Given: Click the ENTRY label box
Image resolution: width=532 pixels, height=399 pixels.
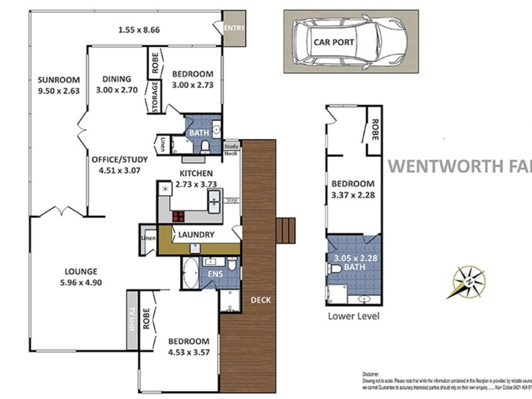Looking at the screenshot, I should pyautogui.click(x=234, y=28).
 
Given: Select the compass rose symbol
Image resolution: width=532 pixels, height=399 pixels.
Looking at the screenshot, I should pyautogui.click(x=469, y=282).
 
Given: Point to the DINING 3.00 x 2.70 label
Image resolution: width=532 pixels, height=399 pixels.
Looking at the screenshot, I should pyautogui.click(x=116, y=84).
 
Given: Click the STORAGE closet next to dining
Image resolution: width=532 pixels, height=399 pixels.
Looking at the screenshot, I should pyautogui.click(x=154, y=97).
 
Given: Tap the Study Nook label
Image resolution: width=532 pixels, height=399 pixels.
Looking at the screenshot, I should pyautogui.click(x=231, y=149).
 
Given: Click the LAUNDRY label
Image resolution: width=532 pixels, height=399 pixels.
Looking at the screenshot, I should pyautogui.click(x=196, y=235).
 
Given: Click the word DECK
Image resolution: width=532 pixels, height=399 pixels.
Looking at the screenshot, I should pyautogui.click(x=261, y=300).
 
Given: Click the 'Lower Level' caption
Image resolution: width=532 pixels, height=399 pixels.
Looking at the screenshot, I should pyautogui.click(x=354, y=317).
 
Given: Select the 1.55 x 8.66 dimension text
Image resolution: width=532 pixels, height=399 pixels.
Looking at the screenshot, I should pyautogui.click(x=139, y=29).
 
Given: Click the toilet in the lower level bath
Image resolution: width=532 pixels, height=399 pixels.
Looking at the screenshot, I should pyautogui.click(x=336, y=269).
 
